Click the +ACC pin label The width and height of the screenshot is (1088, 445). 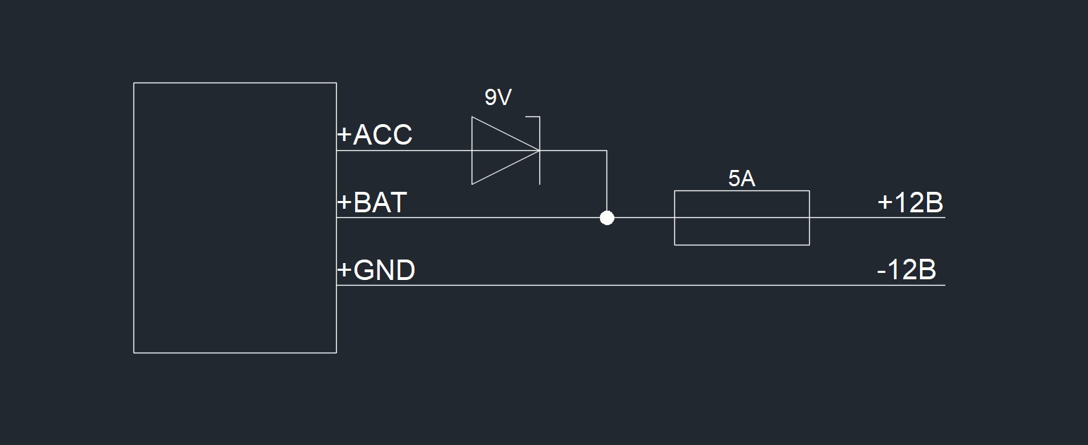375,135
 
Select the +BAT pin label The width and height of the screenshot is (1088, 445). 372,203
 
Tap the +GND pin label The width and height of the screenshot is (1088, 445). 376,270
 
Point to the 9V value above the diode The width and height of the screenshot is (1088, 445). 498,97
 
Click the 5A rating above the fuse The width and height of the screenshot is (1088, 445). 741,179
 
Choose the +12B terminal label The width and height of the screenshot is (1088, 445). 910,203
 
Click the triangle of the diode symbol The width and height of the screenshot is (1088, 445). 498,150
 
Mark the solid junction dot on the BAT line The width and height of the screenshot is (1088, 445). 606,218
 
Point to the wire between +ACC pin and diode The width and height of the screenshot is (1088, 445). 402,150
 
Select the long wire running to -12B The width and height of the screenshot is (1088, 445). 635,286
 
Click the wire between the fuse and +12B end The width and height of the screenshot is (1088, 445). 875,218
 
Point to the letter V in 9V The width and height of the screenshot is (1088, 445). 504,97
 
